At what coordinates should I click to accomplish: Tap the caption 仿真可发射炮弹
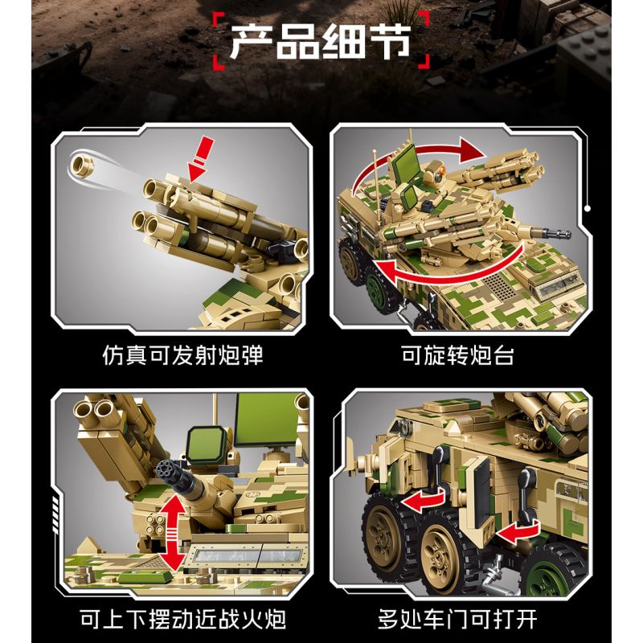pyautogui.click(x=182, y=355)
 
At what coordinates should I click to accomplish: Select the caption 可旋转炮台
pyautogui.click(x=457, y=355)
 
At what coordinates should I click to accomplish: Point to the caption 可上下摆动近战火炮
pyautogui.click(x=182, y=619)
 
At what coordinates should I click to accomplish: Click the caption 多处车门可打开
pyautogui.click(x=457, y=619)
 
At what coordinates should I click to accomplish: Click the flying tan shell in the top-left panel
pyautogui.click(x=82, y=164)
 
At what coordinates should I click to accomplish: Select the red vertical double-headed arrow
pyautogui.click(x=174, y=534)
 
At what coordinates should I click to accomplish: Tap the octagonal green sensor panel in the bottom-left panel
pyautogui.click(x=207, y=446)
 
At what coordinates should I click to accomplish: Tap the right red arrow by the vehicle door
pyautogui.click(x=518, y=532)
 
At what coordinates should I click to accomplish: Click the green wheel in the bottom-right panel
pyautogui.click(x=558, y=574)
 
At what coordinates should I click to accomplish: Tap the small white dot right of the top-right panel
pyautogui.click(x=588, y=209)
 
